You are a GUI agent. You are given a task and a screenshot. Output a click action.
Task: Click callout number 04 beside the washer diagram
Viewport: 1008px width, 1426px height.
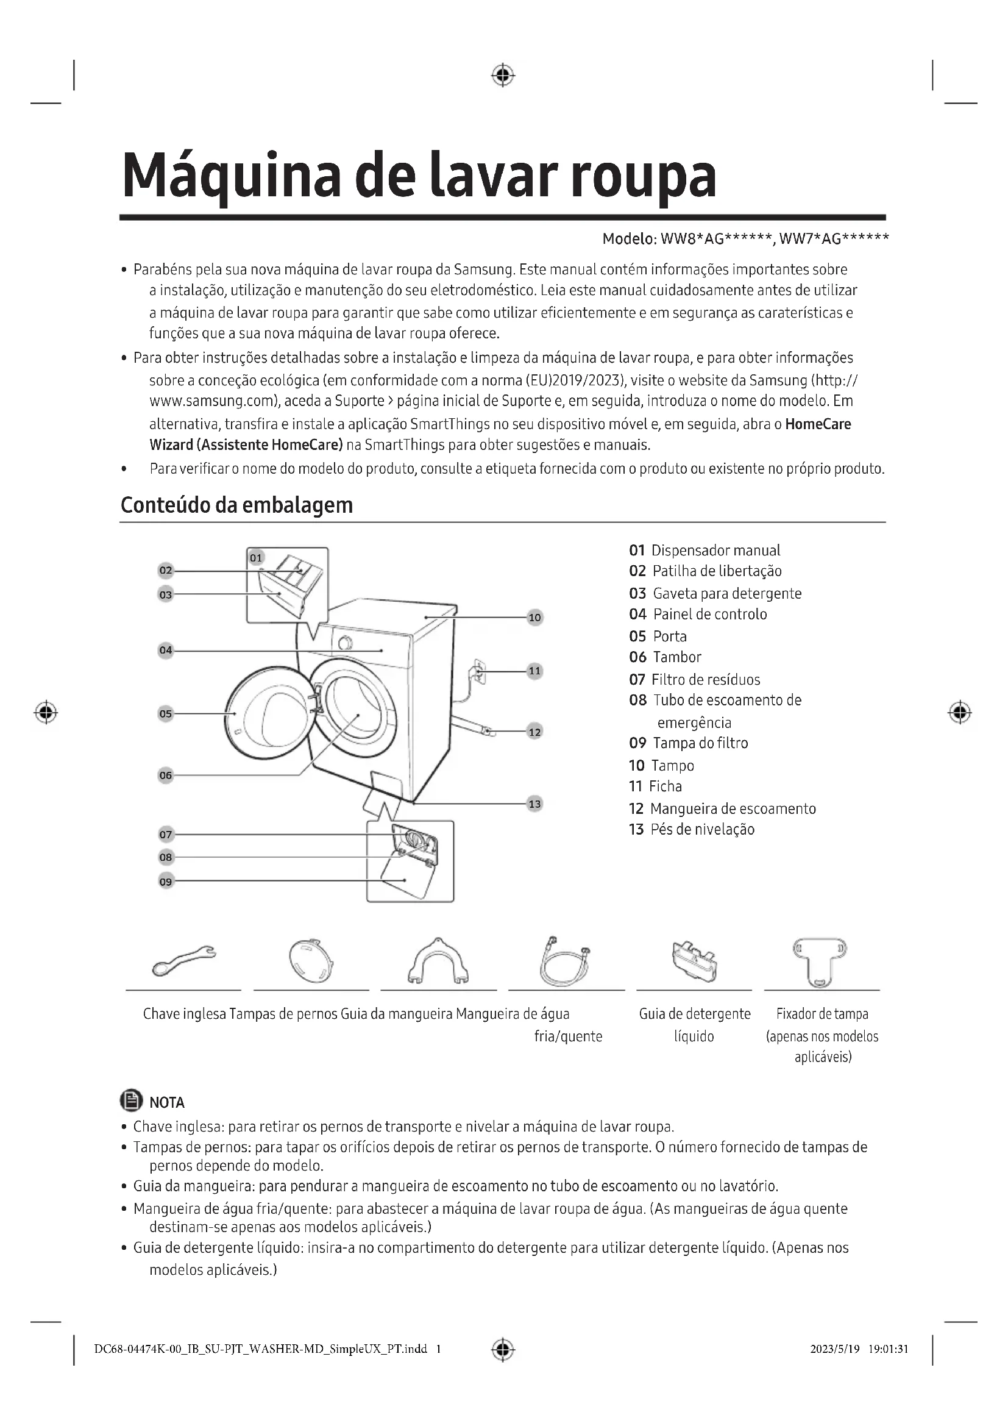click(x=166, y=651)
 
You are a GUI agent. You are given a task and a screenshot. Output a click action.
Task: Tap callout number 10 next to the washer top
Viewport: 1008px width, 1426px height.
click(x=534, y=618)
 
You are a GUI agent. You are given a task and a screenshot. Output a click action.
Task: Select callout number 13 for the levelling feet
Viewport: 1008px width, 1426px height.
click(x=534, y=804)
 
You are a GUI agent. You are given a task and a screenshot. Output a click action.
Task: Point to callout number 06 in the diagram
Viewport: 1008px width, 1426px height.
click(x=166, y=775)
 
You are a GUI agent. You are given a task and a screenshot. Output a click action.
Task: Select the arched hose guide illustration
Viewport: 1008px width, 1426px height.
click(x=438, y=961)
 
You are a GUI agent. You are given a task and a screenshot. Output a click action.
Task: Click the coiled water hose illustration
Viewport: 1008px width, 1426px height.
click(x=565, y=961)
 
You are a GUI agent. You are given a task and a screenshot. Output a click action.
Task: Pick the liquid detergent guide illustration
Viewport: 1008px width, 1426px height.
click(x=694, y=961)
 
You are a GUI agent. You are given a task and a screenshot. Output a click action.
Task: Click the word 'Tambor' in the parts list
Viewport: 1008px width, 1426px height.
click(x=676, y=657)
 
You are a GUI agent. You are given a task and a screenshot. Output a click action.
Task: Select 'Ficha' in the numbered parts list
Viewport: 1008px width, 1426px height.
click(x=665, y=786)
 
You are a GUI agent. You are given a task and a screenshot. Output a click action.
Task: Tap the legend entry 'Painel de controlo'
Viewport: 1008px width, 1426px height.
click(x=710, y=615)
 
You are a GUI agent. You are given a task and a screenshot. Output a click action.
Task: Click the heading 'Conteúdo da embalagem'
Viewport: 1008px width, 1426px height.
click(x=236, y=505)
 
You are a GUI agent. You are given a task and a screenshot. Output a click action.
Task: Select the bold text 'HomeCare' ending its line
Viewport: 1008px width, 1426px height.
click(x=818, y=424)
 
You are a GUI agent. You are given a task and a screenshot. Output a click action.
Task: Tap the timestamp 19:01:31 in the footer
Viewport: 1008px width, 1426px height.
click(x=888, y=1349)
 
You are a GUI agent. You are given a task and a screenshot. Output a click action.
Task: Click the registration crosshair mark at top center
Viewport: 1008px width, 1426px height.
click(x=503, y=75)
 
